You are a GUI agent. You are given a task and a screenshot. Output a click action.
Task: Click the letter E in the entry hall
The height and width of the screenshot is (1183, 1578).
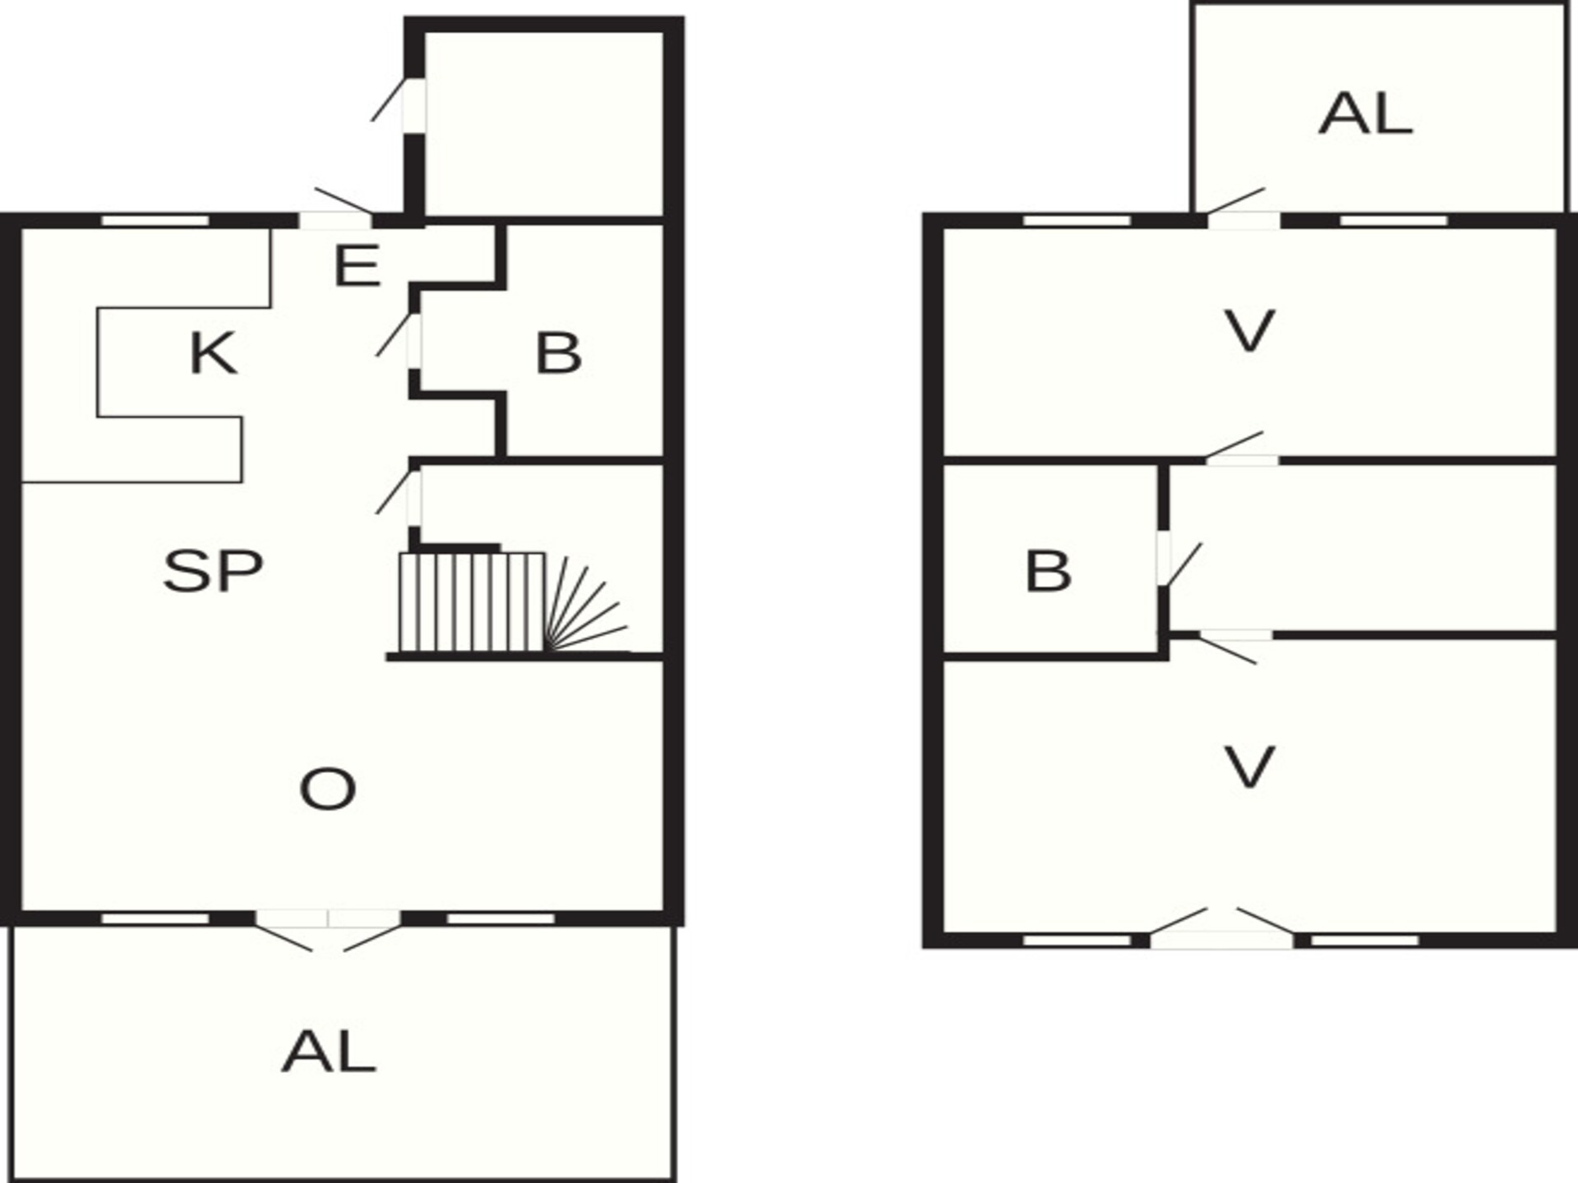(x=358, y=265)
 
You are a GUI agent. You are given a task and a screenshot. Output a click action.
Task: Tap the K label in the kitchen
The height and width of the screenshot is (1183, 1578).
(x=214, y=353)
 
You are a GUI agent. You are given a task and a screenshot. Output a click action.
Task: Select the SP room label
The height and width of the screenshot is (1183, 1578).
(x=213, y=571)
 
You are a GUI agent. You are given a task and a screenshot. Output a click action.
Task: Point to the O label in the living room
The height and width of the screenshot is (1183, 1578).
(x=327, y=789)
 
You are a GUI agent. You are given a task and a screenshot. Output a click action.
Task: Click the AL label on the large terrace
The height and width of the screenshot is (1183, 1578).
(x=329, y=1052)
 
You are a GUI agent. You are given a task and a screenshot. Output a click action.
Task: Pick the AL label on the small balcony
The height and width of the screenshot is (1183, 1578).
(x=1366, y=113)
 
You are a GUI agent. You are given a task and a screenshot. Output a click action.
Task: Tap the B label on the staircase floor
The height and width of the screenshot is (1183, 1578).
(x=559, y=353)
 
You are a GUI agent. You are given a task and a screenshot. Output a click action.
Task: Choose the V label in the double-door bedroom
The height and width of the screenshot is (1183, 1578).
(x=1249, y=766)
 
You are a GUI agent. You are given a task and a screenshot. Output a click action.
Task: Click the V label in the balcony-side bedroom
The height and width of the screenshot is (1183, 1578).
(x=1249, y=331)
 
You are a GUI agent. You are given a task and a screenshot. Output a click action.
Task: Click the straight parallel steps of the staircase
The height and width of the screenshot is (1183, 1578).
(x=472, y=602)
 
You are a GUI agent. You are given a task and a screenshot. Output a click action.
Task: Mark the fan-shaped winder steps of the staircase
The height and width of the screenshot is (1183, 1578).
(x=586, y=605)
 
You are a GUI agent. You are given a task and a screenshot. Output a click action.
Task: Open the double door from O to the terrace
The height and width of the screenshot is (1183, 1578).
(x=328, y=928)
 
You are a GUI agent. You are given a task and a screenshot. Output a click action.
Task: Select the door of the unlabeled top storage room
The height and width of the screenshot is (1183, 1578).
(x=399, y=103)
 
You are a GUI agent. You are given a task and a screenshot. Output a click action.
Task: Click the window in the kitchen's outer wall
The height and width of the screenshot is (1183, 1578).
(x=155, y=220)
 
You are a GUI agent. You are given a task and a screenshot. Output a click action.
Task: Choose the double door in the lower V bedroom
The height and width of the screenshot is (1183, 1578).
(x=1221, y=928)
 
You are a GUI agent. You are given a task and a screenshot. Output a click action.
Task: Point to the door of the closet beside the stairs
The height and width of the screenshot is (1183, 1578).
(x=399, y=493)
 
